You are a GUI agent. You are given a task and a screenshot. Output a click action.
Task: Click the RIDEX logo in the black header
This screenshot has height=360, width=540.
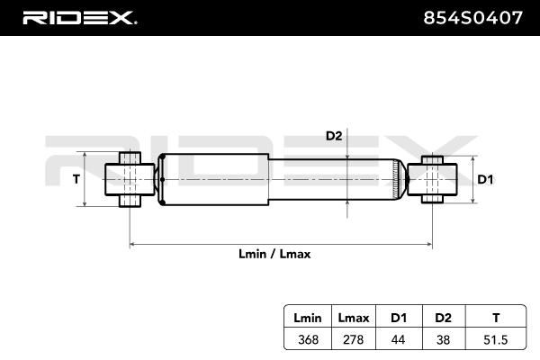(79, 18)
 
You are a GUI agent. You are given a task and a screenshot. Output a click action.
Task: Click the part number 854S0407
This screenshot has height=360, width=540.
(472, 18)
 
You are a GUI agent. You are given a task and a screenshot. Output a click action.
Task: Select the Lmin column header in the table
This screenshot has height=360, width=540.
(308, 318)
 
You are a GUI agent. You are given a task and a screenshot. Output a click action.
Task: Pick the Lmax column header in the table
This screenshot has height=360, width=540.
(354, 318)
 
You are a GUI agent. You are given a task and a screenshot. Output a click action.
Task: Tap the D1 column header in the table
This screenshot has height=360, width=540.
(399, 318)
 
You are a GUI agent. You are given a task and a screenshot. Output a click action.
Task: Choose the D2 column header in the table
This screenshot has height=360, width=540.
(443, 318)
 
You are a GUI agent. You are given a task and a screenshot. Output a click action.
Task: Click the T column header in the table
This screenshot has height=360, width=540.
(496, 318)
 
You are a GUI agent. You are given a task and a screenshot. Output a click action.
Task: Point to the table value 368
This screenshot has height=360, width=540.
(308, 339)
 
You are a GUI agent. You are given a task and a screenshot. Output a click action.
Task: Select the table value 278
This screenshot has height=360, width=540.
(354, 339)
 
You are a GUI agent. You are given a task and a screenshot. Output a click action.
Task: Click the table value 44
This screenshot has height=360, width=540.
(399, 339)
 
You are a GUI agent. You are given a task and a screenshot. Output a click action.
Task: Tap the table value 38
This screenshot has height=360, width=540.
(443, 339)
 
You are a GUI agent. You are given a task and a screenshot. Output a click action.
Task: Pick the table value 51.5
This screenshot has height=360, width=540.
(496, 339)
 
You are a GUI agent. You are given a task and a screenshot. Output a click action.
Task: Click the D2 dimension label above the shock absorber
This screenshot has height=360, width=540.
(334, 136)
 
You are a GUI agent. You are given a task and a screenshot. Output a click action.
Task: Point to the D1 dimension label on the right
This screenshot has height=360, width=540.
(485, 179)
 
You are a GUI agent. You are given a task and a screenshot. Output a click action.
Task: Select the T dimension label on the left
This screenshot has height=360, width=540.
(76, 179)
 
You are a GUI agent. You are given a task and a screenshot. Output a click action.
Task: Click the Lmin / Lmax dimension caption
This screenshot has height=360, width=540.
(274, 254)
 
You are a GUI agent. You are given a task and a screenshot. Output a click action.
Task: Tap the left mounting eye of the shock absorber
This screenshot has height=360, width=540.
(130, 179)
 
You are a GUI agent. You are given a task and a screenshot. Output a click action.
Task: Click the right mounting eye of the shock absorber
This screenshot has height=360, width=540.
(432, 179)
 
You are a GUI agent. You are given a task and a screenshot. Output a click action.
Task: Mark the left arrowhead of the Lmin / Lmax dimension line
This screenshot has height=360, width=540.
(130, 244)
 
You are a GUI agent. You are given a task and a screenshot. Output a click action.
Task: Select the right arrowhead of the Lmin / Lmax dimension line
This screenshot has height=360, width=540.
(430, 244)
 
